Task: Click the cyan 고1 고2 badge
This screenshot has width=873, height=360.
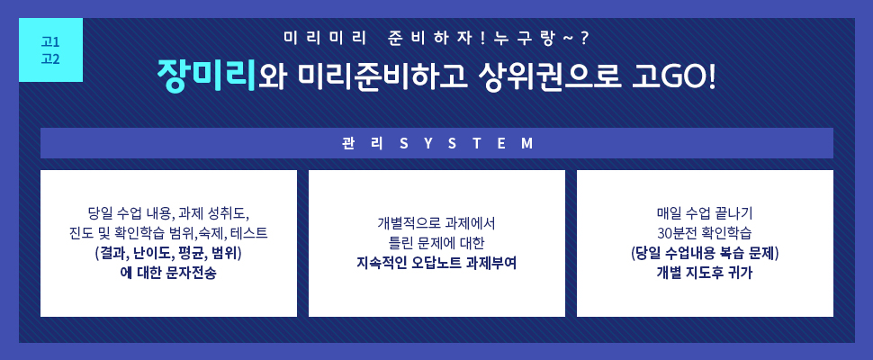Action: [x=50, y=50]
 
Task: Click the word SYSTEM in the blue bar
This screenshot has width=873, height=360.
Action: [x=467, y=144]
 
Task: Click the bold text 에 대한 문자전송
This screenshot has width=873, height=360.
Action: [x=168, y=274]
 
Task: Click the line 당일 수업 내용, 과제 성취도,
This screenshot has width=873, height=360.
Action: [x=168, y=212]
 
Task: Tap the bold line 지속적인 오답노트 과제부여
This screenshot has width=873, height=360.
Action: [x=436, y=263]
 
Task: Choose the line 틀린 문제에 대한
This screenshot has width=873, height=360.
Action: [x=436, y=243]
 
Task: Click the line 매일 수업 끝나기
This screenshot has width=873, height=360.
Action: [x=705, y=212]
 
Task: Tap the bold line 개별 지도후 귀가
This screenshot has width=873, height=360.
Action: [x=705, y=274]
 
